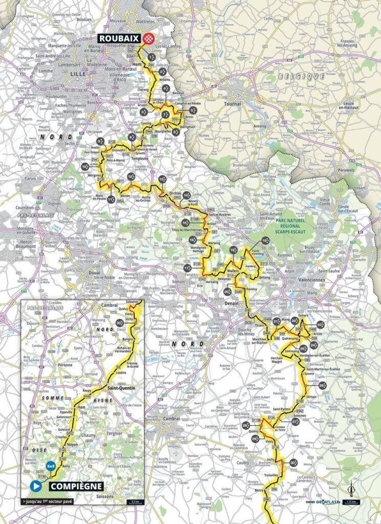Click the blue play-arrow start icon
pos(36,486)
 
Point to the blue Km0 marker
pos(50,466)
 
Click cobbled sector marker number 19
pos(265,241)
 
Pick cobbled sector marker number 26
pos(323,384)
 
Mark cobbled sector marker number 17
pos(187,268)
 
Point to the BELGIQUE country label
pos(309,76)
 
